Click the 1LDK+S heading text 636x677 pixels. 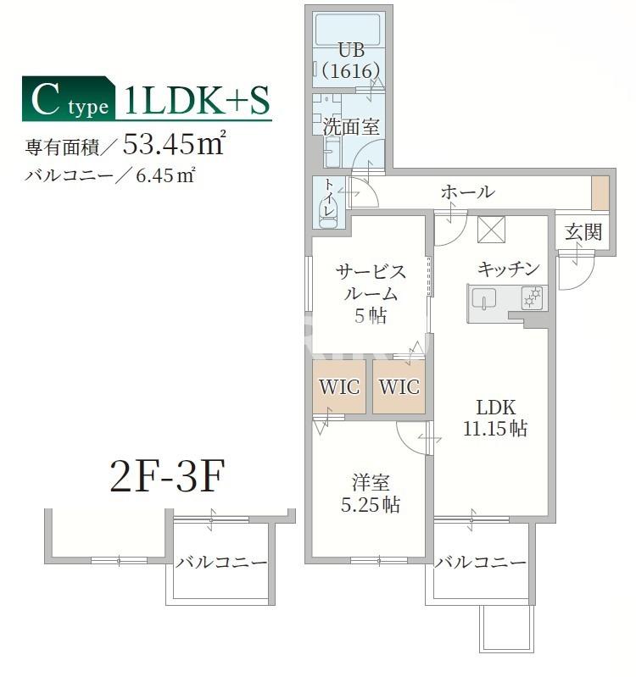tap(197, 100)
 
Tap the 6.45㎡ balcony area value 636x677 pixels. tap(168, 176)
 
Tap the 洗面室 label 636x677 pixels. tap(350, 127)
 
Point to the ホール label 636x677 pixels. tap(467, 192)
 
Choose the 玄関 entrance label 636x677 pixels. tap(583, 231)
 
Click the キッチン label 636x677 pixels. tap(508, 269)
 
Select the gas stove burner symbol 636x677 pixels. tap(533, 298)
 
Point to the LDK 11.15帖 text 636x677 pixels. tap(494, 418)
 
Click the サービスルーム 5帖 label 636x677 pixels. tap(371, 293)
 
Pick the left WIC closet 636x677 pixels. tap(339, 386)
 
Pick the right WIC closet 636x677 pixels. tap(399, 386)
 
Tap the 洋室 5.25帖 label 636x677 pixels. tap(371, 494)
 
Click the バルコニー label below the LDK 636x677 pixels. tap(480, 563)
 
